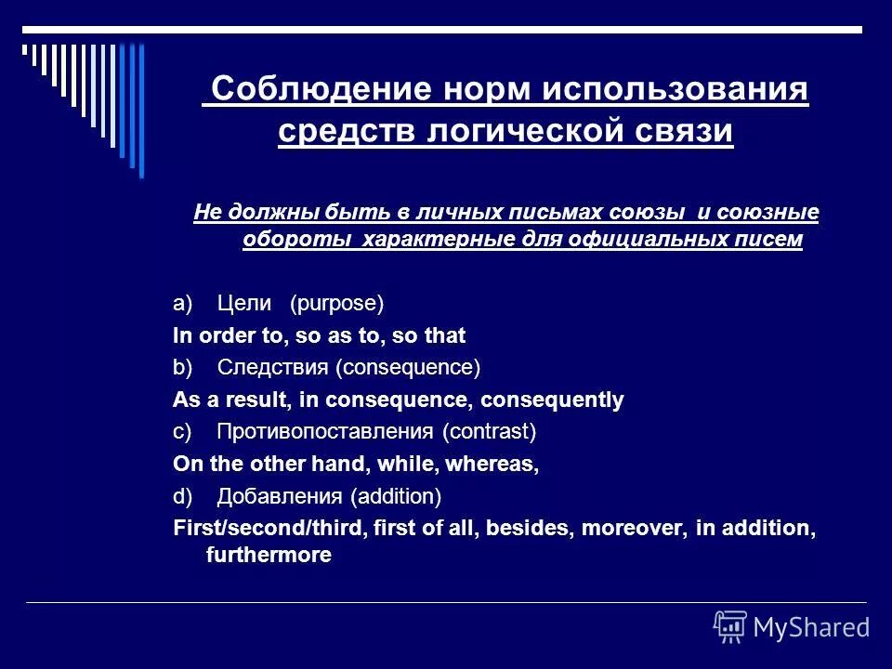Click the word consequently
[x=561, y=400]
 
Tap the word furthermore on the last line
[x=268, y=556]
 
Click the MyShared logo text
[x=811, y=627]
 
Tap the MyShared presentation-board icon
[x=730, y=626]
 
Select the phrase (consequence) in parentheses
[x=408, y=367]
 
